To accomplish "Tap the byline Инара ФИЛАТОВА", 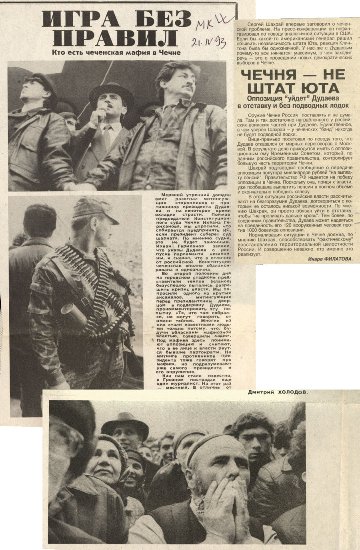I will (x=330, y=259).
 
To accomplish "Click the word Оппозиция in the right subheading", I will (x=266, y=98).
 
